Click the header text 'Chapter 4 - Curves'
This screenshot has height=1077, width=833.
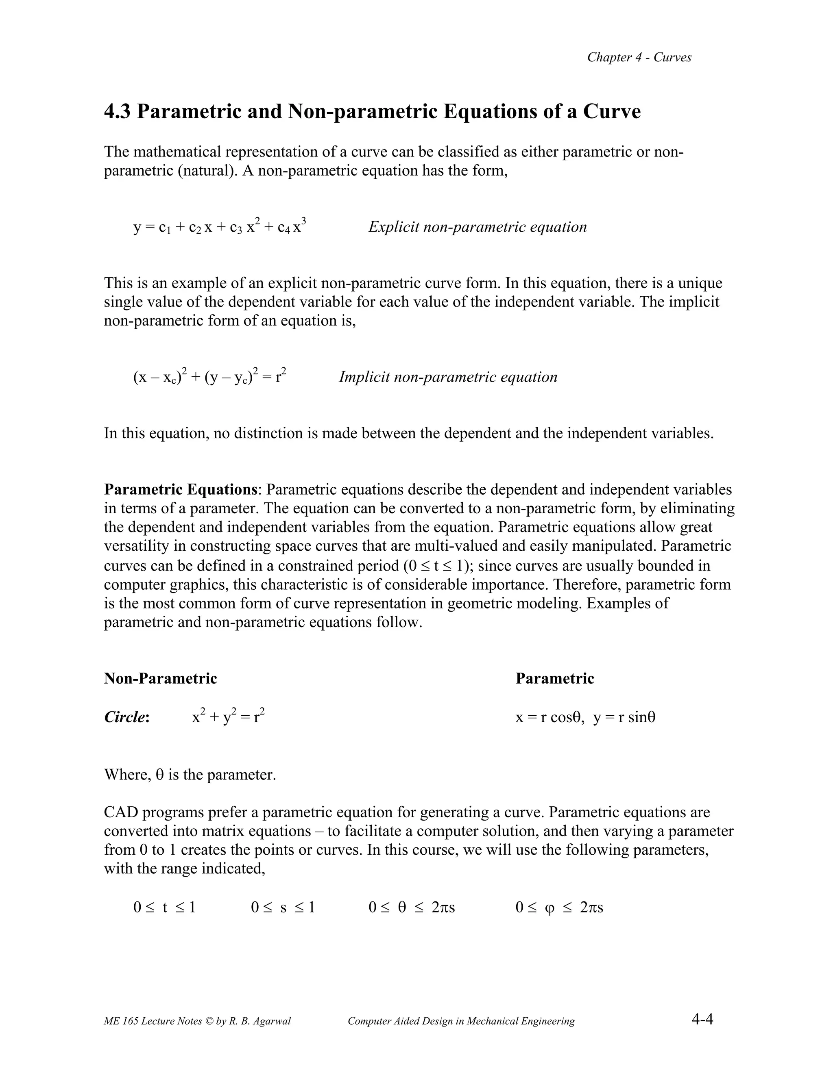pyautogui.click(x=639, y=57)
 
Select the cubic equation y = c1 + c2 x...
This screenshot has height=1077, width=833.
pyautogui.click(x=220, y=227)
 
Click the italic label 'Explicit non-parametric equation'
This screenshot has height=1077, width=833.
pyautogui.click(x=477, y=227)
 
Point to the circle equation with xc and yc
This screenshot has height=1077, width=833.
pyautogui.click(x=210, y=377)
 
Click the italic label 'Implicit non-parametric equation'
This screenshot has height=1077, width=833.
pyautogui.click(x=447, y=377)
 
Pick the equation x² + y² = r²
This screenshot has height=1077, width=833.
pyautogui.click(x=228, y=716)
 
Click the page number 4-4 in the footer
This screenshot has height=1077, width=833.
pyautogui.click(x=702, y=1019)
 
